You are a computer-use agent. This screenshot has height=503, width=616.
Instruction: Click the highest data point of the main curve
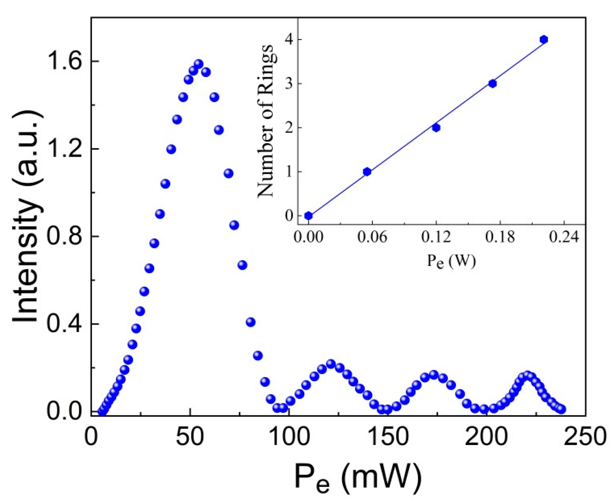pyautogui.click(x=198, y=64)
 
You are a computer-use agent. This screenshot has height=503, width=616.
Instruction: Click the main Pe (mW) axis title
pyautogui.click(x=358, y=477)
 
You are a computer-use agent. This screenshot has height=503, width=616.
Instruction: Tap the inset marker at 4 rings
pyautogui.click(x=544, y=40)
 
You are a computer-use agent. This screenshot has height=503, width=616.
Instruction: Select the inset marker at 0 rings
pyautogui.click(x=308, y=216)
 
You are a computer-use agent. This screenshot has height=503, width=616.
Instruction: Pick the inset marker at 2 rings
pyautogui.click(x=436, y=128)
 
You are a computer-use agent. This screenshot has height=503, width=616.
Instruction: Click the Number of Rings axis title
pyautogui.click(x=266, y=121)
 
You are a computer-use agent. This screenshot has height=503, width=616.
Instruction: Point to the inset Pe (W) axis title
pyautogui.click(x=451, y=261)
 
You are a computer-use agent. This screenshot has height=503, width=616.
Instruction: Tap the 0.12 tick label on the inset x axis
pyautogui.click(x=436, y=237)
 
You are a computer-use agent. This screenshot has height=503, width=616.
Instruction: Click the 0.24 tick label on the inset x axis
pyautogui.click(x=564, y=237)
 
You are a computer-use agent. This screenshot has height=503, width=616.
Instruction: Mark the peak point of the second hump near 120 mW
pyautogui.click(x=330, y=364)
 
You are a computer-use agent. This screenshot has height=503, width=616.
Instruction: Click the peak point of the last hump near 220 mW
pyautogui.click(x=527, y=375)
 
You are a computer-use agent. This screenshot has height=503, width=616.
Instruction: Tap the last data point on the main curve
pyautogui.click(x=561, y=409)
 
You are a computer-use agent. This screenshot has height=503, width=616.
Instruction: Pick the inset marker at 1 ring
pyautogui.click(x=367, y=172)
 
